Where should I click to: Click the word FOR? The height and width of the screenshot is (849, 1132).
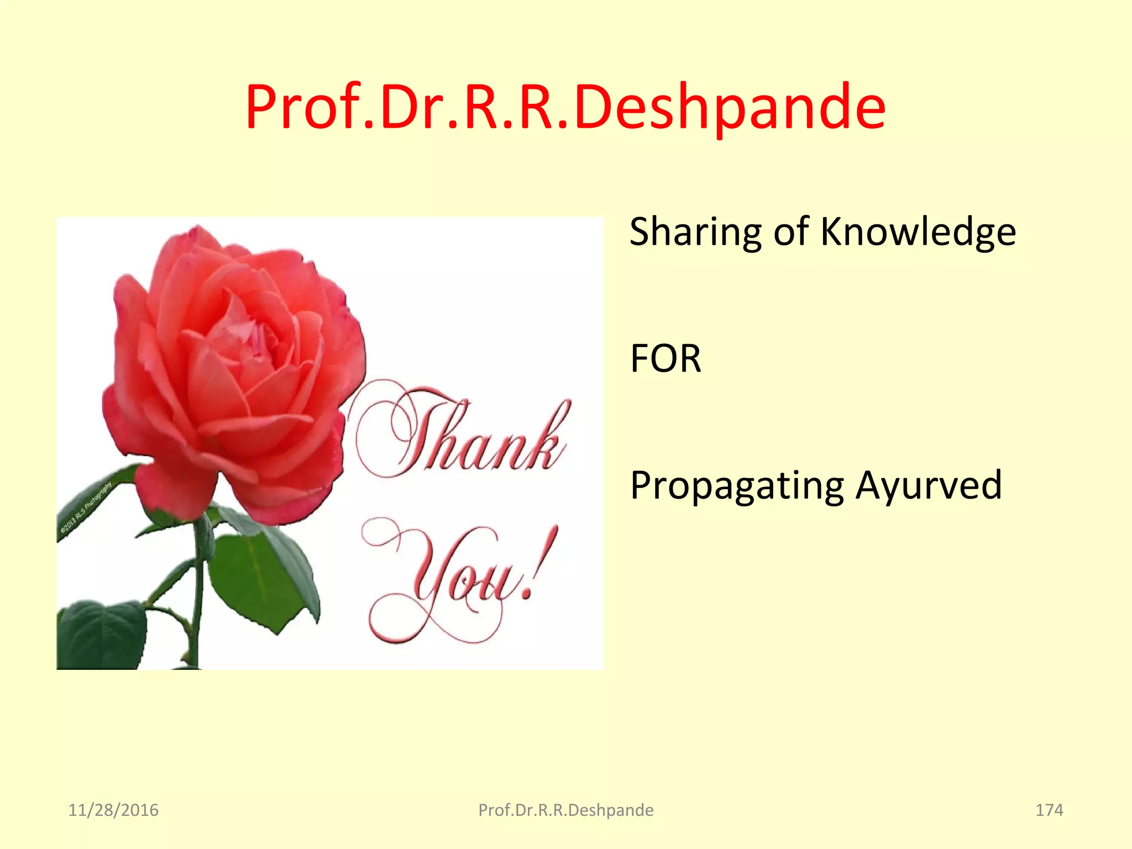[665, 359]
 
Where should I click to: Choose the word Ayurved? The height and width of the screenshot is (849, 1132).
[929, 485]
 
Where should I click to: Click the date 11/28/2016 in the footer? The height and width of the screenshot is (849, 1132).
[113, 810]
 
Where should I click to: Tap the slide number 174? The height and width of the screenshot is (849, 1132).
[1049, 810]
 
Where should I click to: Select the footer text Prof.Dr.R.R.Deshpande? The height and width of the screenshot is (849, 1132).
[565, 810]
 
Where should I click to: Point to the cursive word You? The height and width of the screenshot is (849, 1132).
[453, 580]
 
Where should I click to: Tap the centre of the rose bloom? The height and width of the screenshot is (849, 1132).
[243, 337]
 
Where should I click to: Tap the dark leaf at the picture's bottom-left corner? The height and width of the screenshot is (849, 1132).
[99, 636]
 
